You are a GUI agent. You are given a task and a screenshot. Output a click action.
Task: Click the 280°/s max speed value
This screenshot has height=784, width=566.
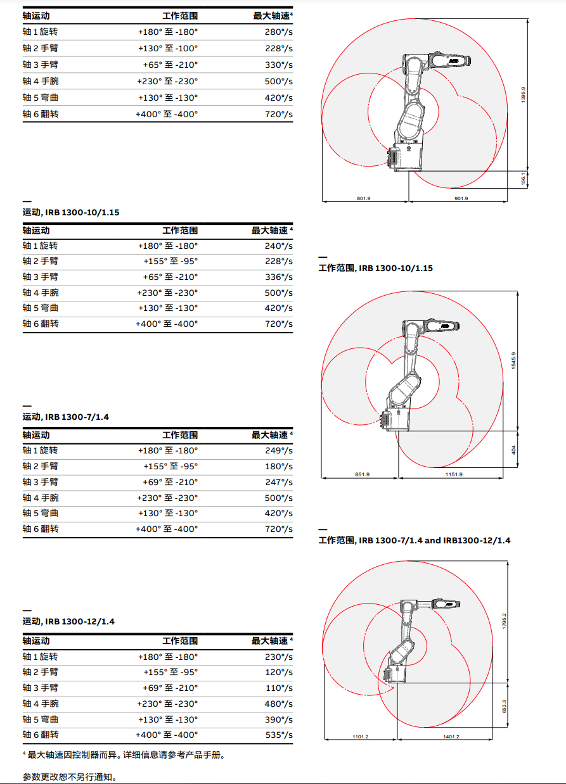tap(278, 31)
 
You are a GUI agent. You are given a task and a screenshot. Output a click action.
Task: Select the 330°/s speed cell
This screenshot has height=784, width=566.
tap(278, 65)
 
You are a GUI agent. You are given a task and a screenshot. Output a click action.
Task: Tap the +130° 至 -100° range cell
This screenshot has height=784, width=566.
tap(168, 48)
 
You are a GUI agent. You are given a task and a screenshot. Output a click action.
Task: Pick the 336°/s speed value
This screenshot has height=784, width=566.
tap(278, 277)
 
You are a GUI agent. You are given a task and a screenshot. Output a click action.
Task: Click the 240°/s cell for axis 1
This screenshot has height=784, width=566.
tap(278, 246)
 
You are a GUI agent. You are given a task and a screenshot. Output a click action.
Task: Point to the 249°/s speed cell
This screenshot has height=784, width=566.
tap(278, 450)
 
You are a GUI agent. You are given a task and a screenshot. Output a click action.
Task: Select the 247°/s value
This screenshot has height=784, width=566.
tap(278, 482)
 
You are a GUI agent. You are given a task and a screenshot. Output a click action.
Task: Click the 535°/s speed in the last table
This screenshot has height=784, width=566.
tap(278, 735)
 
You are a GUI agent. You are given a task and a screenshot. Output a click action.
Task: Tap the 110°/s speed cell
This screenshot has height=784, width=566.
tap(278, 688)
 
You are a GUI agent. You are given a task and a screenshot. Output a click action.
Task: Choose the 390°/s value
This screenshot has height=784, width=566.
tap(278, 719)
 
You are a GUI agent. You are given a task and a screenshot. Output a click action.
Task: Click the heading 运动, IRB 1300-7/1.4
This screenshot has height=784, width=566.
tap(66, 417)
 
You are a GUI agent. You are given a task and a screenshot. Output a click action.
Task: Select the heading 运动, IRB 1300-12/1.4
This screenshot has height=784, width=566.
tap(68, 621)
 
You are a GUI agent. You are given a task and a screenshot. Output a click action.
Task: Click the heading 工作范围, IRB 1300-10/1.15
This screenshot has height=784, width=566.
tap(375, 268)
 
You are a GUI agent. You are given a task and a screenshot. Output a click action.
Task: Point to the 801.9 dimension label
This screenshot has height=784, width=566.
tap(364, 199)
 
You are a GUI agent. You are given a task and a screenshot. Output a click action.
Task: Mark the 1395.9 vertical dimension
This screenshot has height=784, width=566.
tap(523, 95)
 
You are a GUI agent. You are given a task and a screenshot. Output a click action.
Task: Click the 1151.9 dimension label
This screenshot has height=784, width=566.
tap(453, 474)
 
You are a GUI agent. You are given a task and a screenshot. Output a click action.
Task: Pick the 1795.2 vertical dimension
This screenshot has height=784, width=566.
tap(504, 620)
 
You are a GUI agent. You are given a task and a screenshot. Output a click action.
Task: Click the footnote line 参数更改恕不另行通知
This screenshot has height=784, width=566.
tap(70, 776)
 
